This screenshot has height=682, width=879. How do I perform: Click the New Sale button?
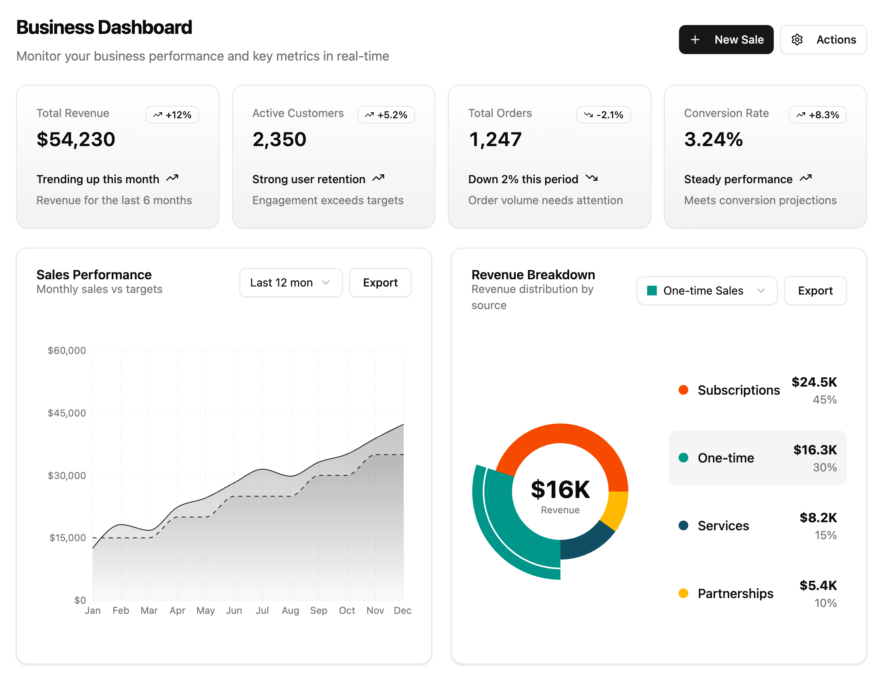tap(726, 40)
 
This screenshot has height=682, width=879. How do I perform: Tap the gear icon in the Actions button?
tap(797, 40)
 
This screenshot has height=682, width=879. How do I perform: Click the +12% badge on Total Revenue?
tap(172, 115)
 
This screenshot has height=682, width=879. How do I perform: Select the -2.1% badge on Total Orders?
tap(603, 115)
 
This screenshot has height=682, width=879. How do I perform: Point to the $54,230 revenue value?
tap(76, 140)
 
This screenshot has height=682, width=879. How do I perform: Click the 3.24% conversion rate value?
tap(713, 140)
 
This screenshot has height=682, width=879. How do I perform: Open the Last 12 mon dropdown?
tap(291, 282)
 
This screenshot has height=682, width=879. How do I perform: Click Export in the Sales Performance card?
tap(380, 282)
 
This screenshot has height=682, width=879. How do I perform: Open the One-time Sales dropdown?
tap(706, 291)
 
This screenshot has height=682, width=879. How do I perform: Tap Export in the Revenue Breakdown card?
tap(815, 291)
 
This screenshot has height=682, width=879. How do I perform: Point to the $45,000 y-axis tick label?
tap(67, 413)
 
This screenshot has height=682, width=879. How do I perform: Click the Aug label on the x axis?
tap(290, 611)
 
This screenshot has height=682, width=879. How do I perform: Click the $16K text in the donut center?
tap(560, 490)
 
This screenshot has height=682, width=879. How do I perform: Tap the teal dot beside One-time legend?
tap(683, 458)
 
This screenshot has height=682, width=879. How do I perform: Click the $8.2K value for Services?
tap(818, 518)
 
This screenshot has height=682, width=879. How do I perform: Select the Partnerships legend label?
tap(735, 593)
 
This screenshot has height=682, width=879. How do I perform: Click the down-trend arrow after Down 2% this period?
tap(592, 178)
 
